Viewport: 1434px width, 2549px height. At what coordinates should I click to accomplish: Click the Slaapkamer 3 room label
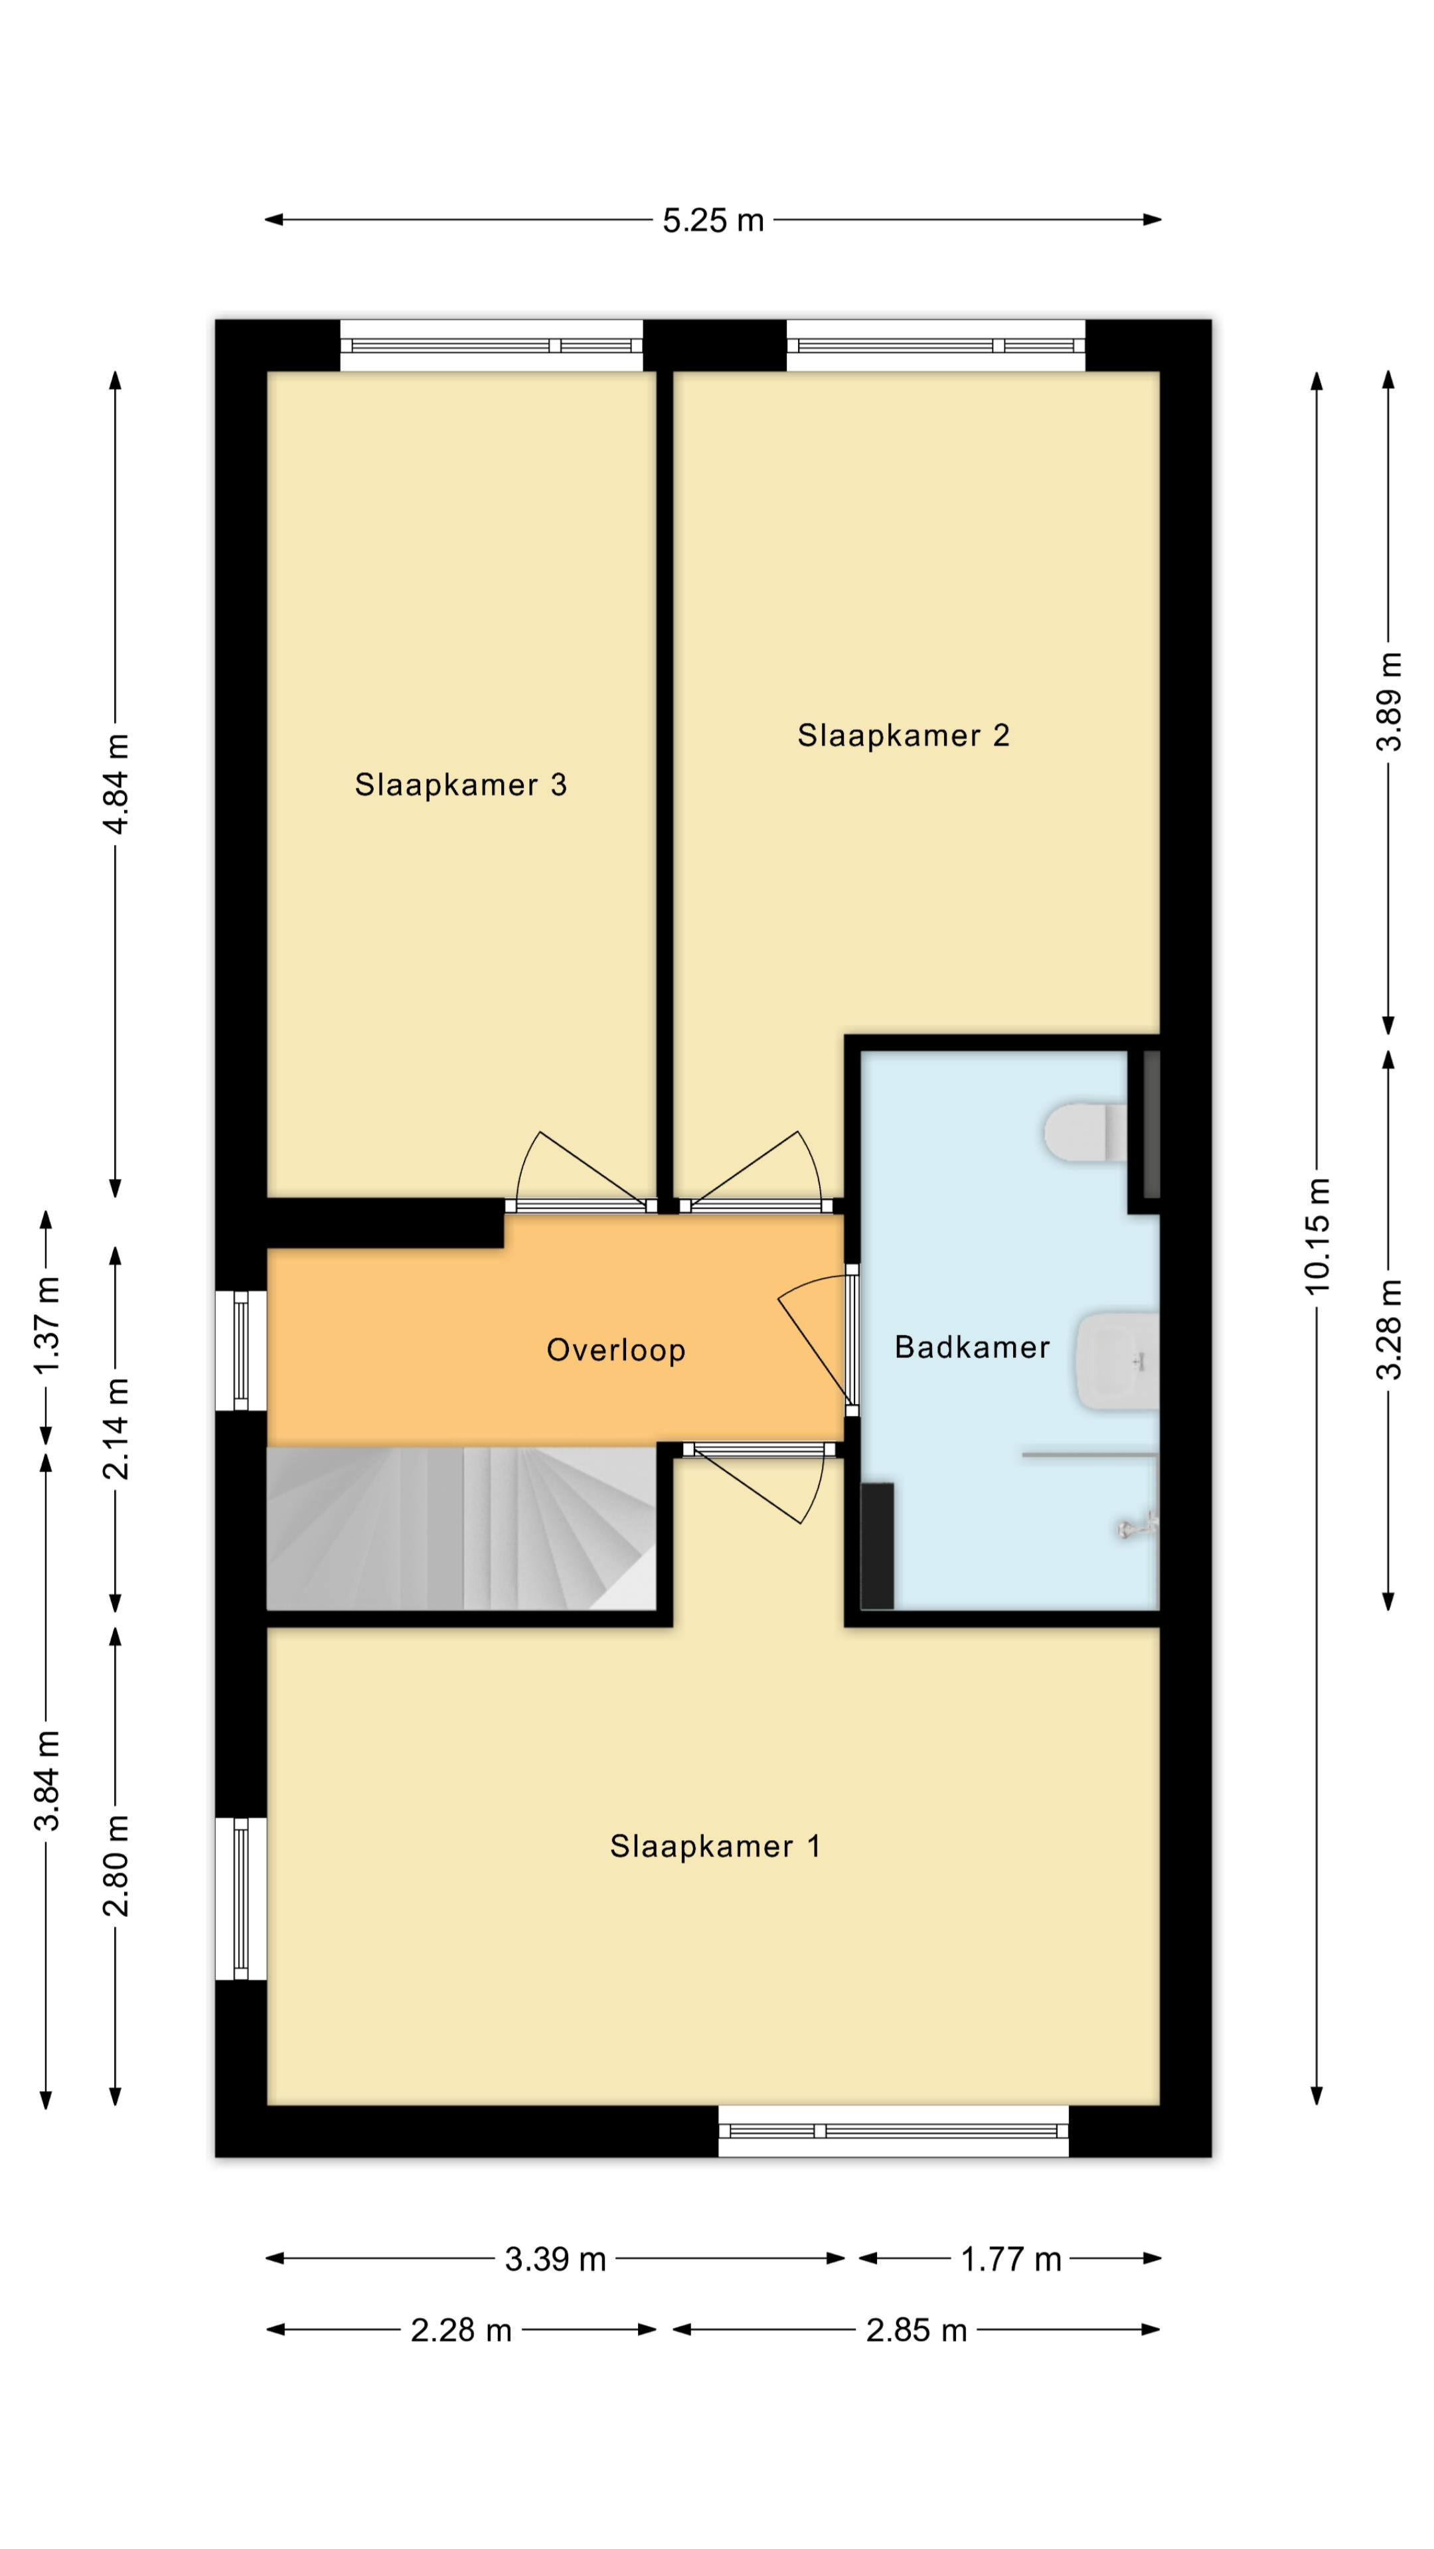point(460,785)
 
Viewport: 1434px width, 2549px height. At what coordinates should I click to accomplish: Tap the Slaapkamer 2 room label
point(904,735)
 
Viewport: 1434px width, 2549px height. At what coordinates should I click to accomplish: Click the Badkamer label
point(972,1347)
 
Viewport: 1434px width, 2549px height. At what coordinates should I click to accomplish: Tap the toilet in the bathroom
point(1085,1132)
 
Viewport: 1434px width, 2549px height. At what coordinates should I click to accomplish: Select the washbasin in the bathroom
point(1116,1359)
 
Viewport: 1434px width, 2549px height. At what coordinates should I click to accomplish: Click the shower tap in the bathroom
point(1138,1528)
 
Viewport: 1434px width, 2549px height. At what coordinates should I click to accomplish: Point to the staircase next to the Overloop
point(461,1528)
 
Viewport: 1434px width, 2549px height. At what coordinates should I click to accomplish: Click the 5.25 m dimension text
point(714,220)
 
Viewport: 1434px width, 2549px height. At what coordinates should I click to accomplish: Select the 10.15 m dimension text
point(1317,1236)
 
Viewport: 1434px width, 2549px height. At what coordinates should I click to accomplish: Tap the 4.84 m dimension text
point(116,784)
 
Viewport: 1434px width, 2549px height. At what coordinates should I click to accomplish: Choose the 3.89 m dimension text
point(1390,702)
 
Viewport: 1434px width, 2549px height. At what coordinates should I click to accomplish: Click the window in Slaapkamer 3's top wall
point(492,345)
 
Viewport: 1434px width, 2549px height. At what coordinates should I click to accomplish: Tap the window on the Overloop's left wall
point(240,1351)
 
